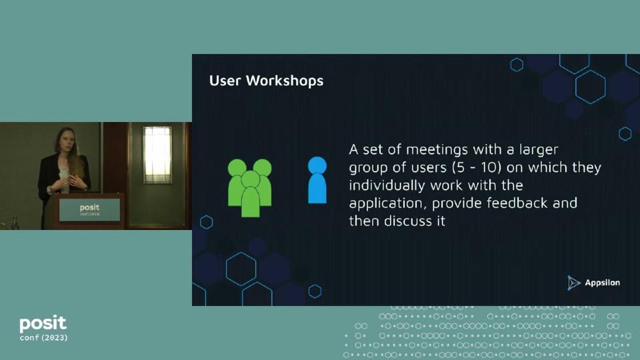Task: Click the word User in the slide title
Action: (226, 81)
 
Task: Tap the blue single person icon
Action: (317, 180)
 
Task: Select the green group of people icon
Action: (250, 186)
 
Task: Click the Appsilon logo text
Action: (602, 283)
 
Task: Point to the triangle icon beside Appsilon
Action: (574, 283)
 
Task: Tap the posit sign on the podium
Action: (89, 209)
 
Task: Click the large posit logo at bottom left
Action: (43, 324)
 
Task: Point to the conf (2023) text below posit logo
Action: (43, 338)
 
